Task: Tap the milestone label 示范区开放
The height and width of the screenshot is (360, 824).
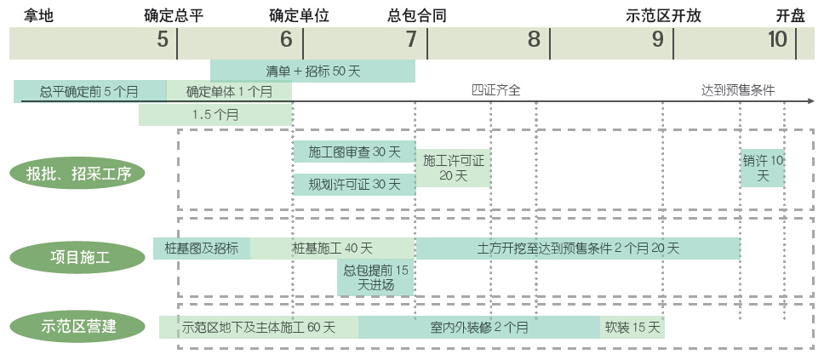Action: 663,15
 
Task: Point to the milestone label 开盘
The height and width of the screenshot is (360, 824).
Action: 789,15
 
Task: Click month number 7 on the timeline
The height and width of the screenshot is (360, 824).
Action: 411,39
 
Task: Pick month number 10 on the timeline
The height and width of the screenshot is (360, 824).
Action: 777,39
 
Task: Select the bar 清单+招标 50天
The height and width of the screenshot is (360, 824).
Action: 312,71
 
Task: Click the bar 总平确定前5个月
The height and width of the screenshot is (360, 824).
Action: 89,90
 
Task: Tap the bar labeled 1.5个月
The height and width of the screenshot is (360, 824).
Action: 215,114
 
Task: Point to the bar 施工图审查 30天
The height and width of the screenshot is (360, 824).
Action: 353,151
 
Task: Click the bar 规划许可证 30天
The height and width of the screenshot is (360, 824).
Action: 353,184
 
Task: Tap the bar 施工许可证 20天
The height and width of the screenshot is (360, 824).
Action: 453,168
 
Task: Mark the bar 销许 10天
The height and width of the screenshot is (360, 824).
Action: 762,168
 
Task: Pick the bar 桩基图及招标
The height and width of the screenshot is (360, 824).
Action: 202,249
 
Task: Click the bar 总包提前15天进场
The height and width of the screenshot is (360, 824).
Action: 375,277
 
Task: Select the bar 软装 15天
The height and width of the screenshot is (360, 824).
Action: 632,327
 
